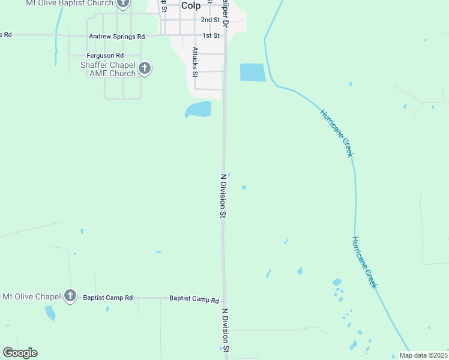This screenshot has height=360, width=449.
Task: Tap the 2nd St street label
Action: coord(211,20)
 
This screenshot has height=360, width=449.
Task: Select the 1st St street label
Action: coord(211,35)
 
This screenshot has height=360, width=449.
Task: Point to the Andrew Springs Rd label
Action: coord(116,36)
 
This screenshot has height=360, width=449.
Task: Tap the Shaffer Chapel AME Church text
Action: coord(108,69)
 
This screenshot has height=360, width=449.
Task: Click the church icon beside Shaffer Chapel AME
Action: coord(144,68)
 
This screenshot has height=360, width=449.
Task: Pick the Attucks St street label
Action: coord(195,62)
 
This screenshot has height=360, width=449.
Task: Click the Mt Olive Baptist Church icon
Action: coord(123,4)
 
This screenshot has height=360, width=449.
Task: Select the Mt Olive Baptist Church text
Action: coord(69,3)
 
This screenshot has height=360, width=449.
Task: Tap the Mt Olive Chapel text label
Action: coord(32,296)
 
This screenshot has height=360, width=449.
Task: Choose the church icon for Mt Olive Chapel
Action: coord(70,296)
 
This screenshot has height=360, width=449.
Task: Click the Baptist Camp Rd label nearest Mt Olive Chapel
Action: coord(107,298)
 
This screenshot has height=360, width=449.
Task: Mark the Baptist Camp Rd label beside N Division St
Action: coord(194,298)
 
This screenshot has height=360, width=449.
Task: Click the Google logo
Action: coord(20,353)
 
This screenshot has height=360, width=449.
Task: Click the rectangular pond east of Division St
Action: coord(252,72)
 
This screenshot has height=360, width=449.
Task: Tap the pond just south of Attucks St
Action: coord(199,110)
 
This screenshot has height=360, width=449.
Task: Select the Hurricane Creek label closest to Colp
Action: coord(337,133)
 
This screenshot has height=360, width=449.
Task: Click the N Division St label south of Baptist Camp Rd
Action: coord(226,331)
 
